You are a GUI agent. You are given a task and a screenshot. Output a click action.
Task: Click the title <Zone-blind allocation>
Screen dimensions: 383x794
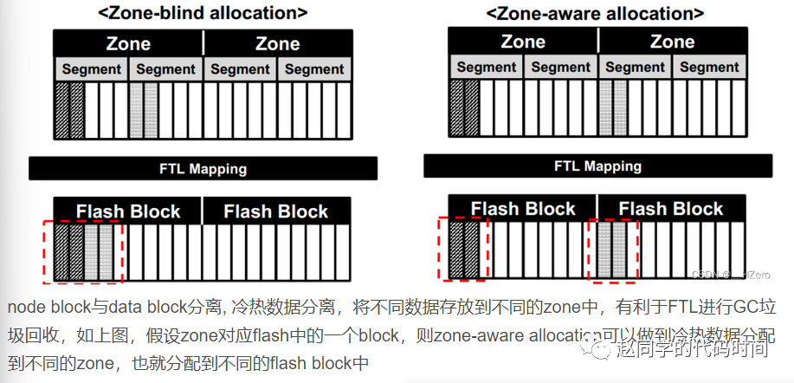coord(203,13)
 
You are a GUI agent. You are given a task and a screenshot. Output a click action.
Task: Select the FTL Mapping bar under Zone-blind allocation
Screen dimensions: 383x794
coord(203,169)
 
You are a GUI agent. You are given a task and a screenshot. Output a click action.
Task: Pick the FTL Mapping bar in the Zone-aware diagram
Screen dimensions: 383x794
coord(597,166)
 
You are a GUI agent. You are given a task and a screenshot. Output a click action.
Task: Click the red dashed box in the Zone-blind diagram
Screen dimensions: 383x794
coord(83,251)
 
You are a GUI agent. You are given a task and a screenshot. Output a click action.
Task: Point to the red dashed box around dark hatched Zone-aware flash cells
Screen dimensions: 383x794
coord(463,250)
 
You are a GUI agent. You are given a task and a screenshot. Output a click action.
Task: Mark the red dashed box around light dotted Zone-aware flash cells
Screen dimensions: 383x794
coord(613,250)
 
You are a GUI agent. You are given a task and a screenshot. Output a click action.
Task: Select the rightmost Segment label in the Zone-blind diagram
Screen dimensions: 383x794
coord(315,69)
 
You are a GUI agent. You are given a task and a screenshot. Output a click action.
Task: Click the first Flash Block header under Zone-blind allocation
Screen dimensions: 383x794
coord(128,211)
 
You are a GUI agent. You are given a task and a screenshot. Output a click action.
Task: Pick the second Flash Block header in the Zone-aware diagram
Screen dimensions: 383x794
coord(671,209)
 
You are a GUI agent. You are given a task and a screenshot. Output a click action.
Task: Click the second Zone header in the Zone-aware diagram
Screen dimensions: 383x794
coord(672,42)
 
